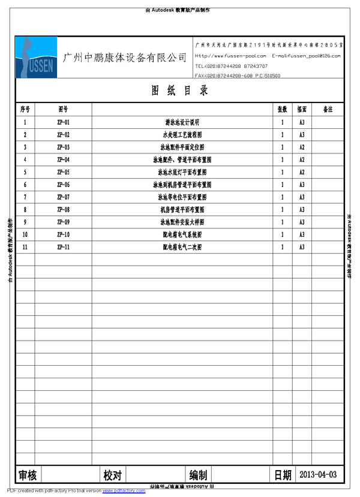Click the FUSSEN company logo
pos(36,58)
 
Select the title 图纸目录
pos(179,91)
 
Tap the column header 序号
pos(25,110)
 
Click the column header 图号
pos(63,110)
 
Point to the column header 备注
pos(328,110)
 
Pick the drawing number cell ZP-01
pos(63,122)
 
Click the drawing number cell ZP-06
pos(63,185)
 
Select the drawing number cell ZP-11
pos(63,247)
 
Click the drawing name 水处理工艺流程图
pos(182,135)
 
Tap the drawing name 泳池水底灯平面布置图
pos(182,172)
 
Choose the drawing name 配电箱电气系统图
pos(182,234)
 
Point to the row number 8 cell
pos(25,210)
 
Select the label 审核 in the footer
pos(28,475)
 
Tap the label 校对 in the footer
pos(112,475)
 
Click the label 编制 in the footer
pos(198,475)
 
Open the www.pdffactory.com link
pos(124,491)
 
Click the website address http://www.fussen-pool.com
pos(230,56)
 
